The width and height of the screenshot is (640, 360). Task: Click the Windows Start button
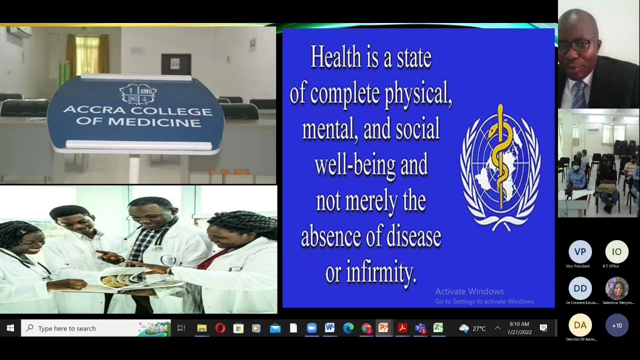pyautogui.click(x=10, y=328)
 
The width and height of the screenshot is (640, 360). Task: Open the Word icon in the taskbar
pyautogui.click(x=329, y=328)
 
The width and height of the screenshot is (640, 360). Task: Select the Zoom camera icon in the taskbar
pyautogui.click(x=311, y=328)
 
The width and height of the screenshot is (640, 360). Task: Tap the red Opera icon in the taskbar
pyautogui.click(x=220, y=328)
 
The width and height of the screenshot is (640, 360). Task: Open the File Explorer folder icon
pyautogui.click(x=201, y=328)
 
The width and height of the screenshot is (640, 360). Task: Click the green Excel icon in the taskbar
pyautogui.click(x=438, y=328)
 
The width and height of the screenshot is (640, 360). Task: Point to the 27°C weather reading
pyautogui.click(x=479, y=328)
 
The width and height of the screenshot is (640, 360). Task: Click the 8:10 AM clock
pyautogui.click(x=519, y=324)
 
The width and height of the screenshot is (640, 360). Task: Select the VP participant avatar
pyautogui.click(x=580, y=252)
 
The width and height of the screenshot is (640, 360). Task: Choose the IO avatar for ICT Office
pyautogui.click(x=616, y=252)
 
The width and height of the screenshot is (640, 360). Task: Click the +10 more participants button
pyautogui.click(x=616, y=325)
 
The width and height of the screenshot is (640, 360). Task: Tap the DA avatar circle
pyautogui.click(x=580, y=325)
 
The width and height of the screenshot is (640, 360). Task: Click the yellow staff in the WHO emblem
pyautogui.click(x=500, y=160)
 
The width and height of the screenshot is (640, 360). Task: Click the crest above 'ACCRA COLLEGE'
pyautogui.click(x=138, y=93)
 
